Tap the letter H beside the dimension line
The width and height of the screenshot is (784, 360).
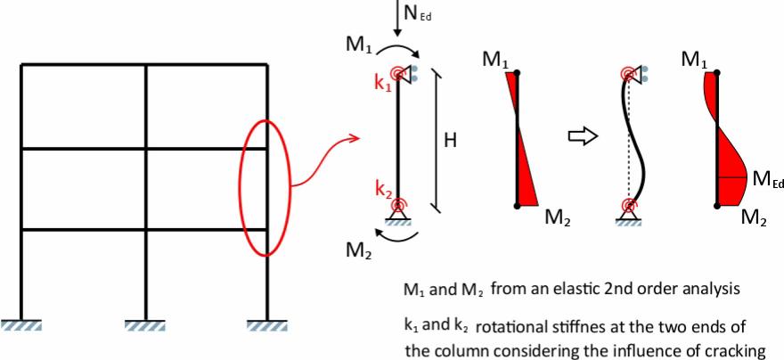[x=450, y=142]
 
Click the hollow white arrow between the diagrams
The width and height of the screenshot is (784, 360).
[x=584, y=135]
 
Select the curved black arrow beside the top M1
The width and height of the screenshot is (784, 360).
[x=398, y=48]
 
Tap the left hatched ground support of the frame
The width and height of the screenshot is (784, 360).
[x=21, y=325]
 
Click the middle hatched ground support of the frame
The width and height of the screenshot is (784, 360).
[x=144, y=325]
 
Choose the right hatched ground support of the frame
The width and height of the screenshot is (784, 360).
[x=267, y=325]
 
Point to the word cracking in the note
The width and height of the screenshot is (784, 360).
[x=742, y=351]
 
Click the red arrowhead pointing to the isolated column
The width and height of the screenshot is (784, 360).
[x=354, y=136]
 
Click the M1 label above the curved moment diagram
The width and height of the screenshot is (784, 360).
[x=696, y=61]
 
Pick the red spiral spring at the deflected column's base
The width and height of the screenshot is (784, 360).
[x=629, y=204]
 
